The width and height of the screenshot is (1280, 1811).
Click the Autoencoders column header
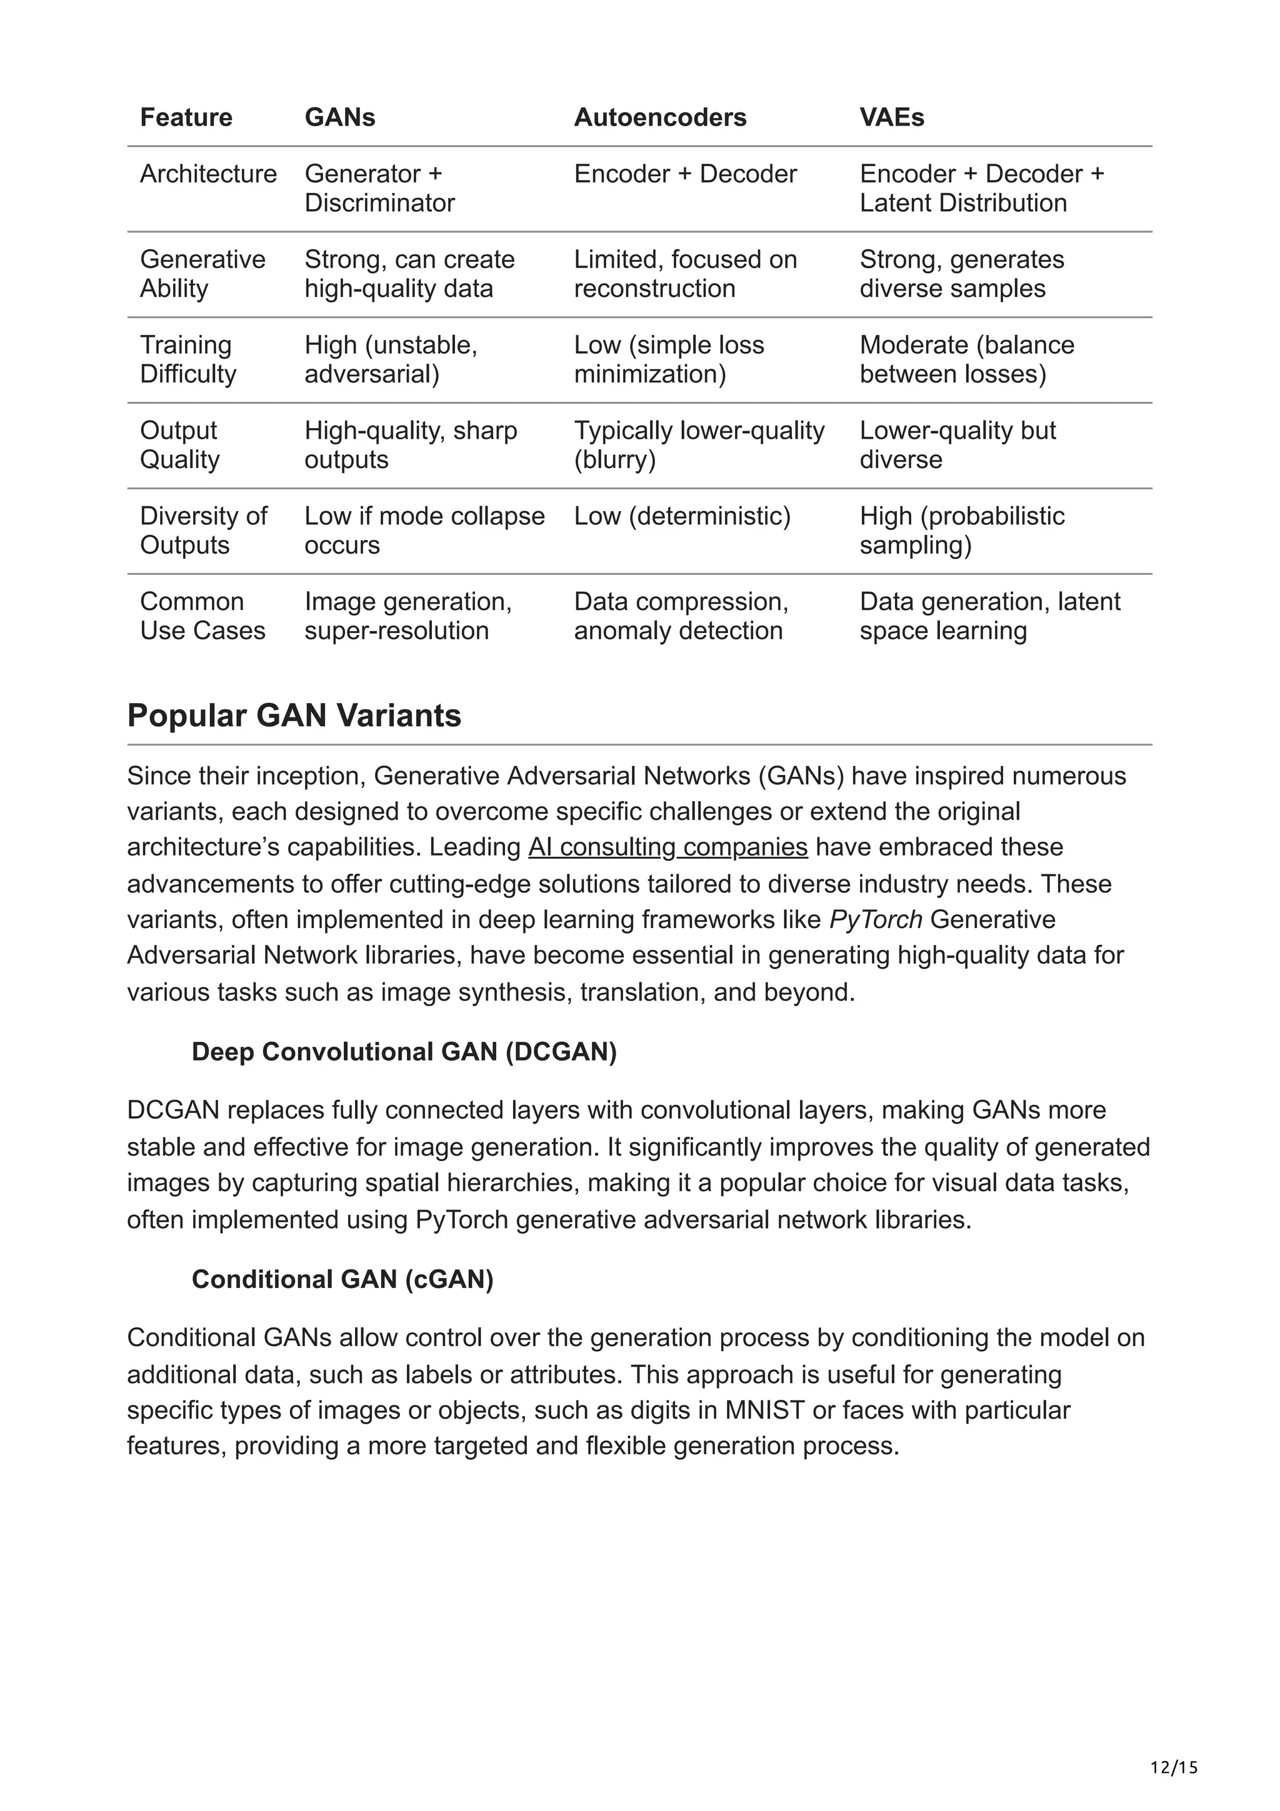click(659, 117)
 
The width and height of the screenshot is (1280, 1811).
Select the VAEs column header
click(891, 117)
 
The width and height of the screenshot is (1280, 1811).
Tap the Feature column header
click(186, 117)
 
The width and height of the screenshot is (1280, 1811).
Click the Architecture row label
click(208, 174)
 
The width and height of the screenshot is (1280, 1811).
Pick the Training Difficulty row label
click(187, 359)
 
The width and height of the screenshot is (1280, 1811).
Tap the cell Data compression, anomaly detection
click(681, 616)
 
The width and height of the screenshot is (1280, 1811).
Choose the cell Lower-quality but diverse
click(957, 445)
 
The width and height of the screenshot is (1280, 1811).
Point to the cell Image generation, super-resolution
click(407, 616)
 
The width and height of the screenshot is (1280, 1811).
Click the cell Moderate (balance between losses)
click(966, 359)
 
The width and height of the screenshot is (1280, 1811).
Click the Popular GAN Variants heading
click(294, 716)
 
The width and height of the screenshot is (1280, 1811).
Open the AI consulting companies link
click(667, 847)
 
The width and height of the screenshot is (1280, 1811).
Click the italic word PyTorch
click(876, 920)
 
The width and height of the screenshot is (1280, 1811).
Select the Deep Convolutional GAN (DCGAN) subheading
click(404, 1052)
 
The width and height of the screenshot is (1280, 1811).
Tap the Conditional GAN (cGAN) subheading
click(342, 1279)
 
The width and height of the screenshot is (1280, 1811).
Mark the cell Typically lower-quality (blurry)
click(699, 445)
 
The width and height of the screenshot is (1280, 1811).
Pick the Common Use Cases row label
click(202, 616)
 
